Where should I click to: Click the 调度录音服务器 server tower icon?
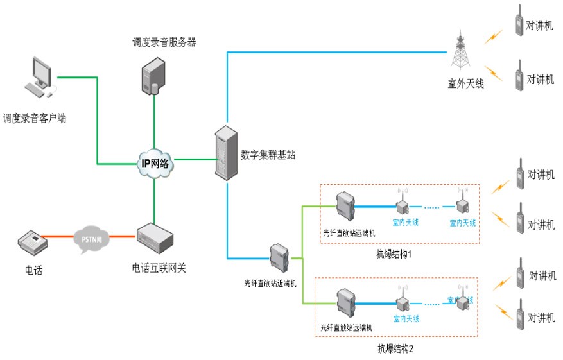click(154, 74)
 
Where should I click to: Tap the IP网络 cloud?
click(155, 164)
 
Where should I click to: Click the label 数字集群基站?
click(268, 155)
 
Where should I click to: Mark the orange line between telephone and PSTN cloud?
click(61, 238)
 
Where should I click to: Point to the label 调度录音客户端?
click(35, 118)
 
